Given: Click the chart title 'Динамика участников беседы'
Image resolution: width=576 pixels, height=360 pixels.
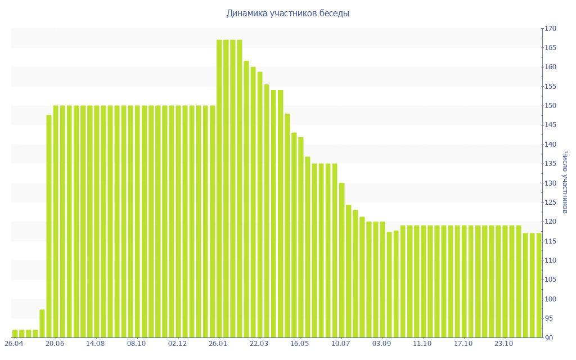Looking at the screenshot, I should [287, 13].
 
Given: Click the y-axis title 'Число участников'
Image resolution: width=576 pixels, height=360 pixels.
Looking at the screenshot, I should [565, 183].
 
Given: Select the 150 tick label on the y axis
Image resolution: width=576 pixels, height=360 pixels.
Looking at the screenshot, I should [550, 106].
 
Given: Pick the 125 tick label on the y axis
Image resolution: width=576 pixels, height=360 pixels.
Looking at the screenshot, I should [550, 202].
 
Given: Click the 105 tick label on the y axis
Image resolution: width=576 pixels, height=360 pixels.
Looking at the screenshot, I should [550, 280].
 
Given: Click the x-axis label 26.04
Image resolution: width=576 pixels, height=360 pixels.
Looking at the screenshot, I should [14, 344].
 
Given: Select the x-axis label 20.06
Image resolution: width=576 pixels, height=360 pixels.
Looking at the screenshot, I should [55, 344].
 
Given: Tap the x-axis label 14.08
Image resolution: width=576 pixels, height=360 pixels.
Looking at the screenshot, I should [96, 344].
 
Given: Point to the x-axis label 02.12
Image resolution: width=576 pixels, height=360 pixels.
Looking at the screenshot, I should [177, 344].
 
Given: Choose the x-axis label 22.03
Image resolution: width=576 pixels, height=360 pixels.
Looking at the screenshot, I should [259, 344].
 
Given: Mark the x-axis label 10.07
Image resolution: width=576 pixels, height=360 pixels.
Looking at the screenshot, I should [341, 344].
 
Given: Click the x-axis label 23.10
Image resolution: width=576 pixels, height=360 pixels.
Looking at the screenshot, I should [504, 344].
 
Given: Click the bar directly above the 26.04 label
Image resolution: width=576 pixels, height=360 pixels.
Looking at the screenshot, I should [15, 334].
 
